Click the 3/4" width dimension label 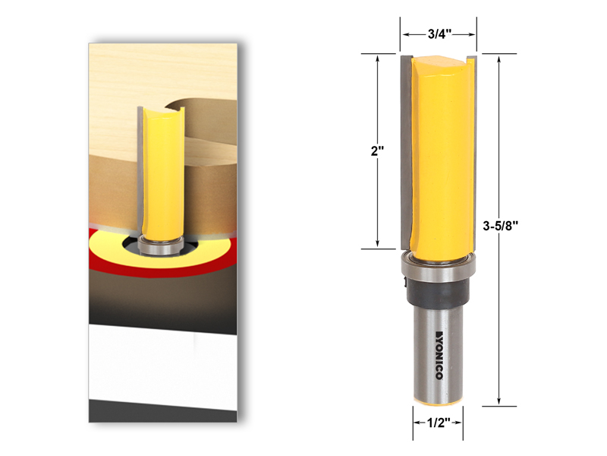(x=439, y=34)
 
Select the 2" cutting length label (x=378, y=150)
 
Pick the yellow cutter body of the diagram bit (x=444, y=152)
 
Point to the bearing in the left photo (x=160, y=245)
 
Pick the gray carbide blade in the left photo (x=140, y=167)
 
